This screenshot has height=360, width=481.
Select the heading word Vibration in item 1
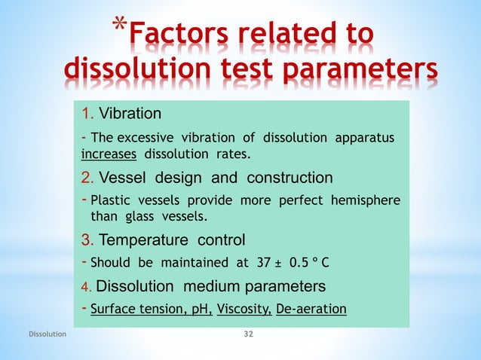(x=130, y=114)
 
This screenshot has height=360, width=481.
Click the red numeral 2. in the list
(x=87, y=178)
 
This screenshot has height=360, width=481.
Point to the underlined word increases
(x=109, y=154)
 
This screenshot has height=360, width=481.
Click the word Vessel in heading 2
(x=123, y=178)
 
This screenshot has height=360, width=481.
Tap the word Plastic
(x=113, y=201)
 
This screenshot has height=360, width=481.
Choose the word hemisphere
(x=367, y=201)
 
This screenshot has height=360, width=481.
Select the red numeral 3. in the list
(x=87, y=241)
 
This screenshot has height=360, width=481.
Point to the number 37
(x=263, y=263)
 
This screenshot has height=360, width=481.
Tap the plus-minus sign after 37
(x=279, y=263)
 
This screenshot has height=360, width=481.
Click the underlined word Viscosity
(x=244, y=309)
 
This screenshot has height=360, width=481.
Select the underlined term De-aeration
(x=311, y=309)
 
